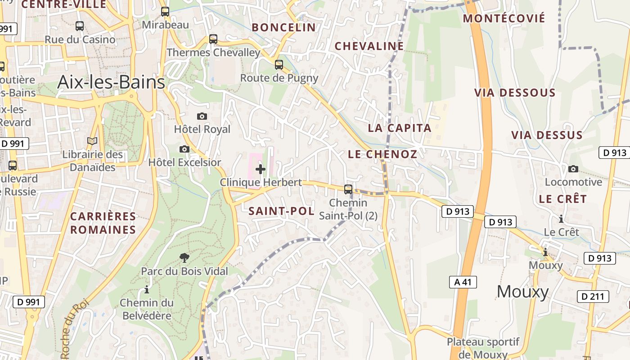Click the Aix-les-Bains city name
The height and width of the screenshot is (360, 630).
[111, 82]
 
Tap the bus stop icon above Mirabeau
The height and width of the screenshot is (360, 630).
[165, 12]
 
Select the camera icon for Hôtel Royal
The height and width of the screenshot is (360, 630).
[202, 117]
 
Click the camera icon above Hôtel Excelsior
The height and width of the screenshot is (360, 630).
[184, 149]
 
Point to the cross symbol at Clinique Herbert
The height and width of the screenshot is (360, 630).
[260, 170]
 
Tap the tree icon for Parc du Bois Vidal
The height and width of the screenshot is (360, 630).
[184, 258]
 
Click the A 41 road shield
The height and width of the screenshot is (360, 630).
[463, 282]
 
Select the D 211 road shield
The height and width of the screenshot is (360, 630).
[593, 297]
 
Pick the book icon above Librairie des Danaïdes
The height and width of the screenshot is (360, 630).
[92, 141]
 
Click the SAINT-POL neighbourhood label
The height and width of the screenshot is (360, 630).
[281, 211]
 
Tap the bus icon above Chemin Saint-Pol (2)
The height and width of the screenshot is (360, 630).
[348, 189]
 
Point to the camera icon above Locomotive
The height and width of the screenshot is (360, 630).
[573, 169]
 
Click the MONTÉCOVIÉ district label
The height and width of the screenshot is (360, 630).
[504, 18]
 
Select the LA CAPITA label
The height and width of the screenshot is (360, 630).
[400, 128]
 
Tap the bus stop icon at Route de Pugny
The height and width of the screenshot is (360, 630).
[279, 65]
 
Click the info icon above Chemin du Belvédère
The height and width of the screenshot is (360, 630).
[146, 290]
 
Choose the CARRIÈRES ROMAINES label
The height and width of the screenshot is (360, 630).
[103, 223]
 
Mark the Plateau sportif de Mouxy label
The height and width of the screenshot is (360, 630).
[483, 348]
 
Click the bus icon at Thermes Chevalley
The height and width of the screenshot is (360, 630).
[213, 39]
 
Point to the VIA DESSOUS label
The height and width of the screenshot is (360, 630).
[515, 93]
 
